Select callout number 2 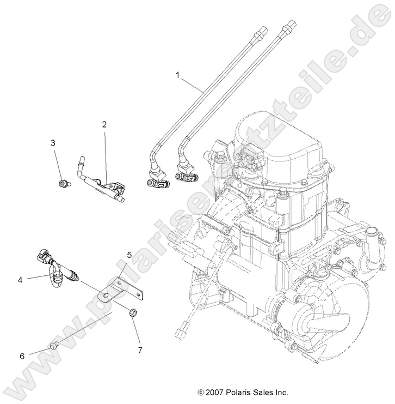click(x=104, y=124)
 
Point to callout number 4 click(x=20, y=280)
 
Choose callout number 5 click(x=129, y=255)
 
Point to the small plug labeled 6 click(x=53, y=346)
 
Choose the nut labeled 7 click(x=131, y=313)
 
